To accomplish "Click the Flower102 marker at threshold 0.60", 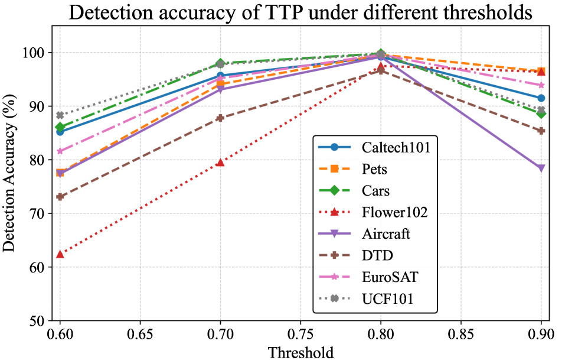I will tap(60, 254).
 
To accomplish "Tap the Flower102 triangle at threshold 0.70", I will tap(220, 162).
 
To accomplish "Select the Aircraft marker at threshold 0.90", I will tap(541, 168).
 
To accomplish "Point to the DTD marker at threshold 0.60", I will tap(60, 197).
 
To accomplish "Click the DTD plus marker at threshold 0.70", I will tap(220, 118).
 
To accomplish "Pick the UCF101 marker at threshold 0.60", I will tap(60, 115).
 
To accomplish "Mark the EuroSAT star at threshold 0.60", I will tap(60, 151).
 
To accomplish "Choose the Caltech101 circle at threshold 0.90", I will tap(541, 98).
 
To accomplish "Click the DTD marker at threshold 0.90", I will tap(541, 131).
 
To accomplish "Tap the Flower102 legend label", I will tap(394, 212).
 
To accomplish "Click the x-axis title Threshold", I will tap(300, 352).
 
